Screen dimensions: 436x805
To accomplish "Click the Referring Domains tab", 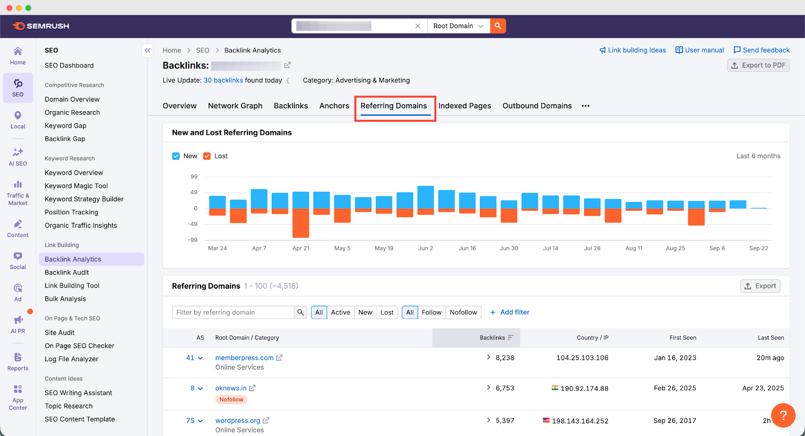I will click(393, 106).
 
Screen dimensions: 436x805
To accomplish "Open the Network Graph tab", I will click(235, 106).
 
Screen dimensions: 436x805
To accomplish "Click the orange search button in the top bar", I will click(498, 26).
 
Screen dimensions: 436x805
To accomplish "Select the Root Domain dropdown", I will click(458, 26).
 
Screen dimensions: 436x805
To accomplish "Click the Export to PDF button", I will click(758, 65).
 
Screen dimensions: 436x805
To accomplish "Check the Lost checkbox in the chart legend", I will click(207, 156).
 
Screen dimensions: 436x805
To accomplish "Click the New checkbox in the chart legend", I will click(176, 156).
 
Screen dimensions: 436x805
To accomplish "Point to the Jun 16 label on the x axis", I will click(467, 248).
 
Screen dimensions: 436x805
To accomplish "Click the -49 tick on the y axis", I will click(193, 224).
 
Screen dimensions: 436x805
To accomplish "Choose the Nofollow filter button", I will click(463, 312).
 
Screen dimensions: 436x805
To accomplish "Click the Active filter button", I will click(340, 312).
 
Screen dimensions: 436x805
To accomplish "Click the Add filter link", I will click(510, 312).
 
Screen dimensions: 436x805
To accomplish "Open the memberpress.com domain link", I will click(244, 358).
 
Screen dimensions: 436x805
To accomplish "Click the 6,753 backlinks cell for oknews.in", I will click(505, 388).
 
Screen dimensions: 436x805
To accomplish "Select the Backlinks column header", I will click(492, 338).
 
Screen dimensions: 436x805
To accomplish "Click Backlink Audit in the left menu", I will click(67, 273).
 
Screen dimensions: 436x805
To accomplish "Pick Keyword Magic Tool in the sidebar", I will click(76, 186).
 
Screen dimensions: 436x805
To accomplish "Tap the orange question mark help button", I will click(783, 415).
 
